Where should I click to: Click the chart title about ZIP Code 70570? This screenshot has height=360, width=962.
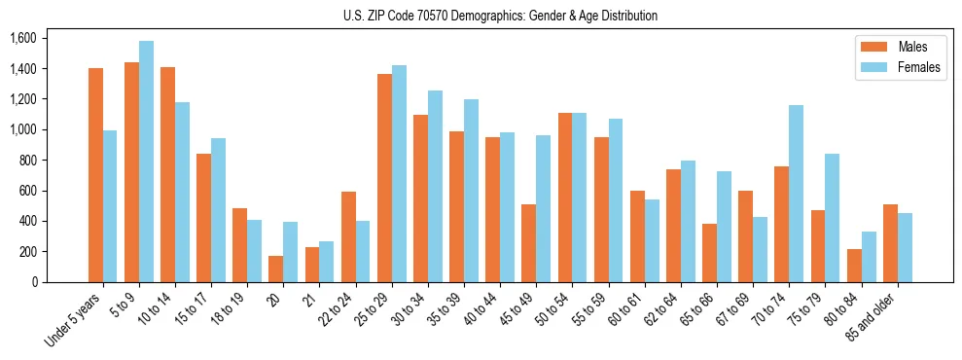coord(500,16)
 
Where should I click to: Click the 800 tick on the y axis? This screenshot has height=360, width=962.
coord(27,160)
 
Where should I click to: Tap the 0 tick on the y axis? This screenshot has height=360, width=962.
coord(36,282)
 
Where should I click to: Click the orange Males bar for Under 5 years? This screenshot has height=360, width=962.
coord(95,175)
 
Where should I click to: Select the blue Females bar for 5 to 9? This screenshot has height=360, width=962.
coord(146,162)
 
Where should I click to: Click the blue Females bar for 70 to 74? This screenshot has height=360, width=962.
coord(796,194)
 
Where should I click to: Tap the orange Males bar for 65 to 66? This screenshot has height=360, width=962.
coord(709,253)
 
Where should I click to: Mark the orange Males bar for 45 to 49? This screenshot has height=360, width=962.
coord(529,243)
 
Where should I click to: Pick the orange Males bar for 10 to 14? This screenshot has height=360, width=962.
coord(167,174)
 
